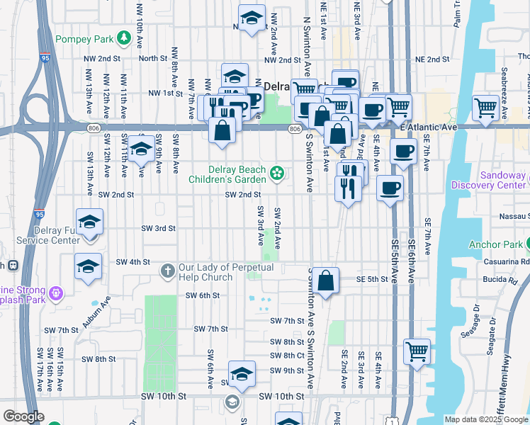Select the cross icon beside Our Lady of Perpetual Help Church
coord(167,270)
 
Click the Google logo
coord(23,416)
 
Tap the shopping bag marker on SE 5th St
coord(326,281)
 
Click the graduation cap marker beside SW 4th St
coord(89,266)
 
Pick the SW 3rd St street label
coord(158,228)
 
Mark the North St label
coord(152,59)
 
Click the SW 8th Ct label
coord(286,356)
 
